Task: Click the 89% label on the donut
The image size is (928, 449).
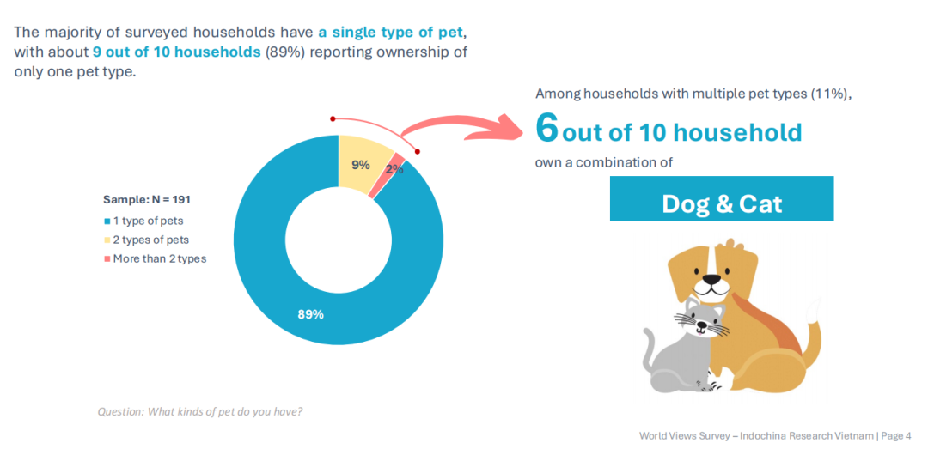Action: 310,314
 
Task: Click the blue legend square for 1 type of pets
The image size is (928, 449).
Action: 107,221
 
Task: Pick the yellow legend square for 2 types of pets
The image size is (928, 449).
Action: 107,240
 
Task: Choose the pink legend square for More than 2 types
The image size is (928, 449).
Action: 107,258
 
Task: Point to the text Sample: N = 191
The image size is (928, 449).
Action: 147,199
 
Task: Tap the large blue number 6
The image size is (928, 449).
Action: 546,128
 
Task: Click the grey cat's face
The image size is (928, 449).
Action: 700,320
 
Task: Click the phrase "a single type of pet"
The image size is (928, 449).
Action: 392,33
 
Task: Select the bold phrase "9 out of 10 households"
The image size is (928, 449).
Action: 177,52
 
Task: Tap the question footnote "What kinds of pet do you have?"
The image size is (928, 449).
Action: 226,411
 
